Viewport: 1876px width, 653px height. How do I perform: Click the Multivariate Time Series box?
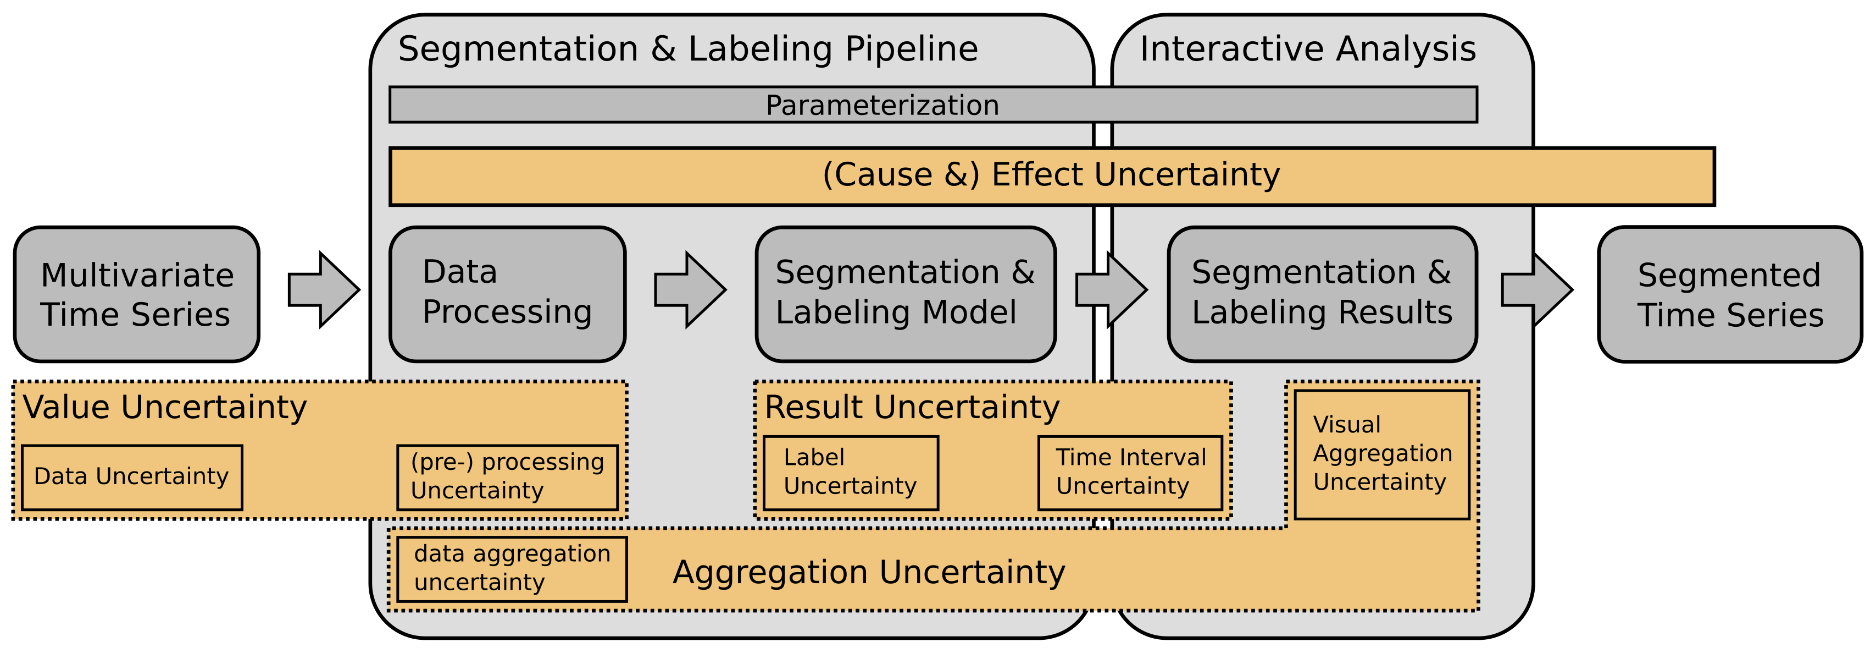[137, 294]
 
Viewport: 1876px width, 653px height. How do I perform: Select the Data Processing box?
[508, 294]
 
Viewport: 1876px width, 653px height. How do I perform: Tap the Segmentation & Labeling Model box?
[906, 294]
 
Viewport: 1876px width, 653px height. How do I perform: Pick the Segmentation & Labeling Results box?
[1323, 294]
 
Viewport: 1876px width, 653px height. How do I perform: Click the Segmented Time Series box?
[1730, 294]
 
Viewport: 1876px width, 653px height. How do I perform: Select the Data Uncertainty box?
[132, 478]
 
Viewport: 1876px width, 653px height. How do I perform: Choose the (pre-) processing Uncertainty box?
[508, 478]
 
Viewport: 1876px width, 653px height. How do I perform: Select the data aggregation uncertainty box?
[512, 569]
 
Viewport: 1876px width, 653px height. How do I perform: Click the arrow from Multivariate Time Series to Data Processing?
[324, 290]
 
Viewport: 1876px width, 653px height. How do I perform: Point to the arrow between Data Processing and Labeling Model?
[690, 290]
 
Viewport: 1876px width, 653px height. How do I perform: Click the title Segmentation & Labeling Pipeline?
[688, 50]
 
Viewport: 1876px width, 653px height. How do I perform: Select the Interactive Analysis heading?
[1308, 50]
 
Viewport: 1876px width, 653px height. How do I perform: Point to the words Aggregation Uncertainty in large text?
[869, 573]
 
